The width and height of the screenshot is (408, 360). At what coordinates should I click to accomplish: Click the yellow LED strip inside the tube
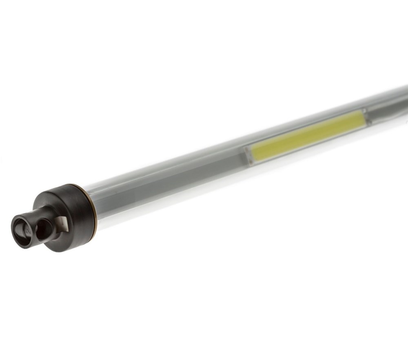pos(308,136)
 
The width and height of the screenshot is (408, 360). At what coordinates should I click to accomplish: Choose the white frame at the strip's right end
pos(365,117)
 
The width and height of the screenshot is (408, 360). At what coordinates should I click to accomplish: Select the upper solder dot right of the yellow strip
pos(364,111)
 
